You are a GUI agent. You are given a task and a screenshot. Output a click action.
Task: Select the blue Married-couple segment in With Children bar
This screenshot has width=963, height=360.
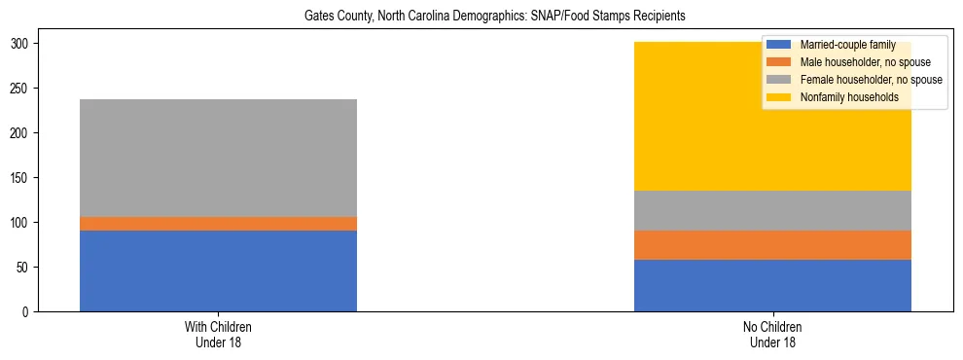click(218, 270)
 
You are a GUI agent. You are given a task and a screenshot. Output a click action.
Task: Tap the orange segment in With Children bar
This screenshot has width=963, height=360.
click(218, 224)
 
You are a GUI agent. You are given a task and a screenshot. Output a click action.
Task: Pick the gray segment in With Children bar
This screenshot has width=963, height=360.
click(218, 158)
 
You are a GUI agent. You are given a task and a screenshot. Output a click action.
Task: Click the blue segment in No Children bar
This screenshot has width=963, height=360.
click(772, 285)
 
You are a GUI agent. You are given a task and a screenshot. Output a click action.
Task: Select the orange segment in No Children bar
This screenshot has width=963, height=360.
click(772, 245)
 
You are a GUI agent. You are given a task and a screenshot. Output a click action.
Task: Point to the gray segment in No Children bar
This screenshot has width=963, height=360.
click(772, 210)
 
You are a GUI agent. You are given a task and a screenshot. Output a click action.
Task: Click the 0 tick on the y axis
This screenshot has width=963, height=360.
click(27, 311)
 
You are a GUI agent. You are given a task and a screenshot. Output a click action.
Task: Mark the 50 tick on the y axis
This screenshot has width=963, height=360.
click(24, 267)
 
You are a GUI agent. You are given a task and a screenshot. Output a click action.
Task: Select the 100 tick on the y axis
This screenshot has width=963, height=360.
click(21, 222)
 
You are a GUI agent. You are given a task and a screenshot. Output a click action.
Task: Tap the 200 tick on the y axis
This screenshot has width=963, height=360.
click(21, 133)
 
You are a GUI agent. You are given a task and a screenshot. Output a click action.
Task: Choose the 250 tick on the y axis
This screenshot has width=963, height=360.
click(21, 89)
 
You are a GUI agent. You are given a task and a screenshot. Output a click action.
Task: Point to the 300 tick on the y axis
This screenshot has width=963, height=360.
click(21, 44)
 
